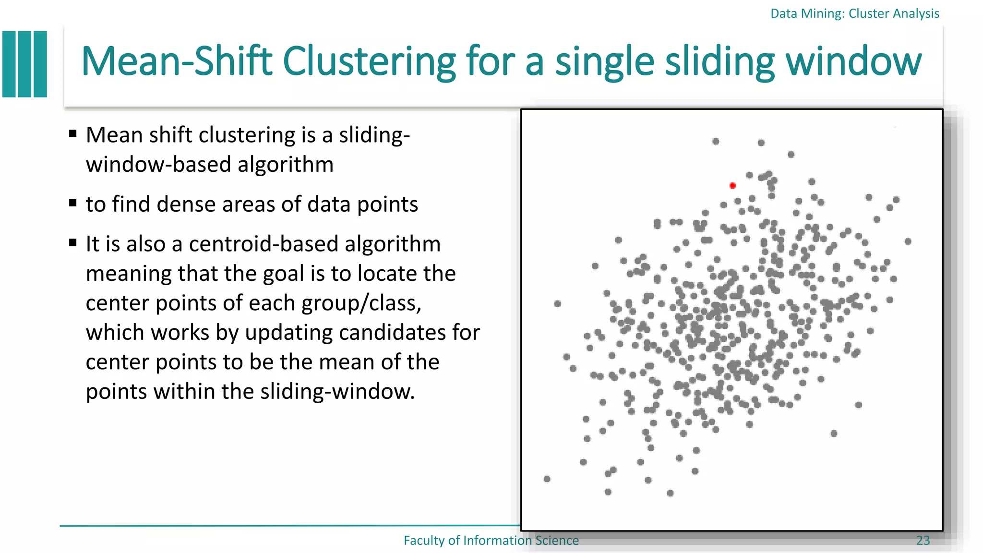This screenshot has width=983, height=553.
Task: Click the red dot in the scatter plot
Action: click(732, 186)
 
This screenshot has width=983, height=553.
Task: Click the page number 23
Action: click(923, 541)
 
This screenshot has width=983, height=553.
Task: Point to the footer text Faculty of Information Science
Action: click(491, 541)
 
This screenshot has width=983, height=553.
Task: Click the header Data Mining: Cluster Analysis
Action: click(854, 13)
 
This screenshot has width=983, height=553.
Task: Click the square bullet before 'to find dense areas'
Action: click(73, 203)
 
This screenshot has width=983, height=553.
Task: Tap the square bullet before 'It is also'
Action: click(73, 242)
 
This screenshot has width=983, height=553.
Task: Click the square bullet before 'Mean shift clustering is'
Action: click(73, 133)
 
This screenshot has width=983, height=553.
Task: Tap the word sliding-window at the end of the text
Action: click(337, 392)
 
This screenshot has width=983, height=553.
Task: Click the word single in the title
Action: click(605, 61)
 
